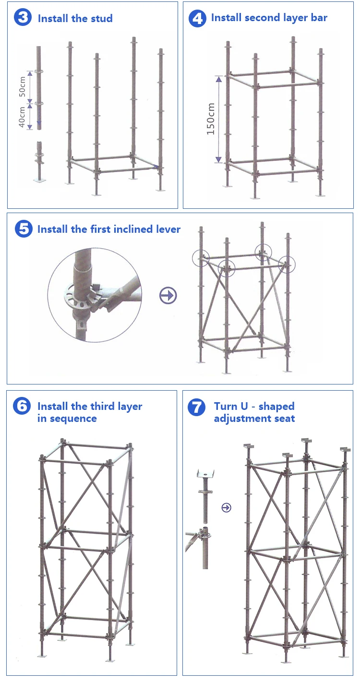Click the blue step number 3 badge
click(x=23, y=18)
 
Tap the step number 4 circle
click(x=197, y=18)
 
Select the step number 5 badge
click(x=23, y=229)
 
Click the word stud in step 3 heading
click(x=102, y=19)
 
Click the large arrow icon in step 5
click(x=168, y=296)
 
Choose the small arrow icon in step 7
click(x=226, y=507)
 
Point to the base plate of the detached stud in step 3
click(x=39, y=180)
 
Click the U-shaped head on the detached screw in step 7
click(x=205, y=474)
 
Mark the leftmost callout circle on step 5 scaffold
click(x=201, y=258)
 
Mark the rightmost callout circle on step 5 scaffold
click(x=287, y=264)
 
